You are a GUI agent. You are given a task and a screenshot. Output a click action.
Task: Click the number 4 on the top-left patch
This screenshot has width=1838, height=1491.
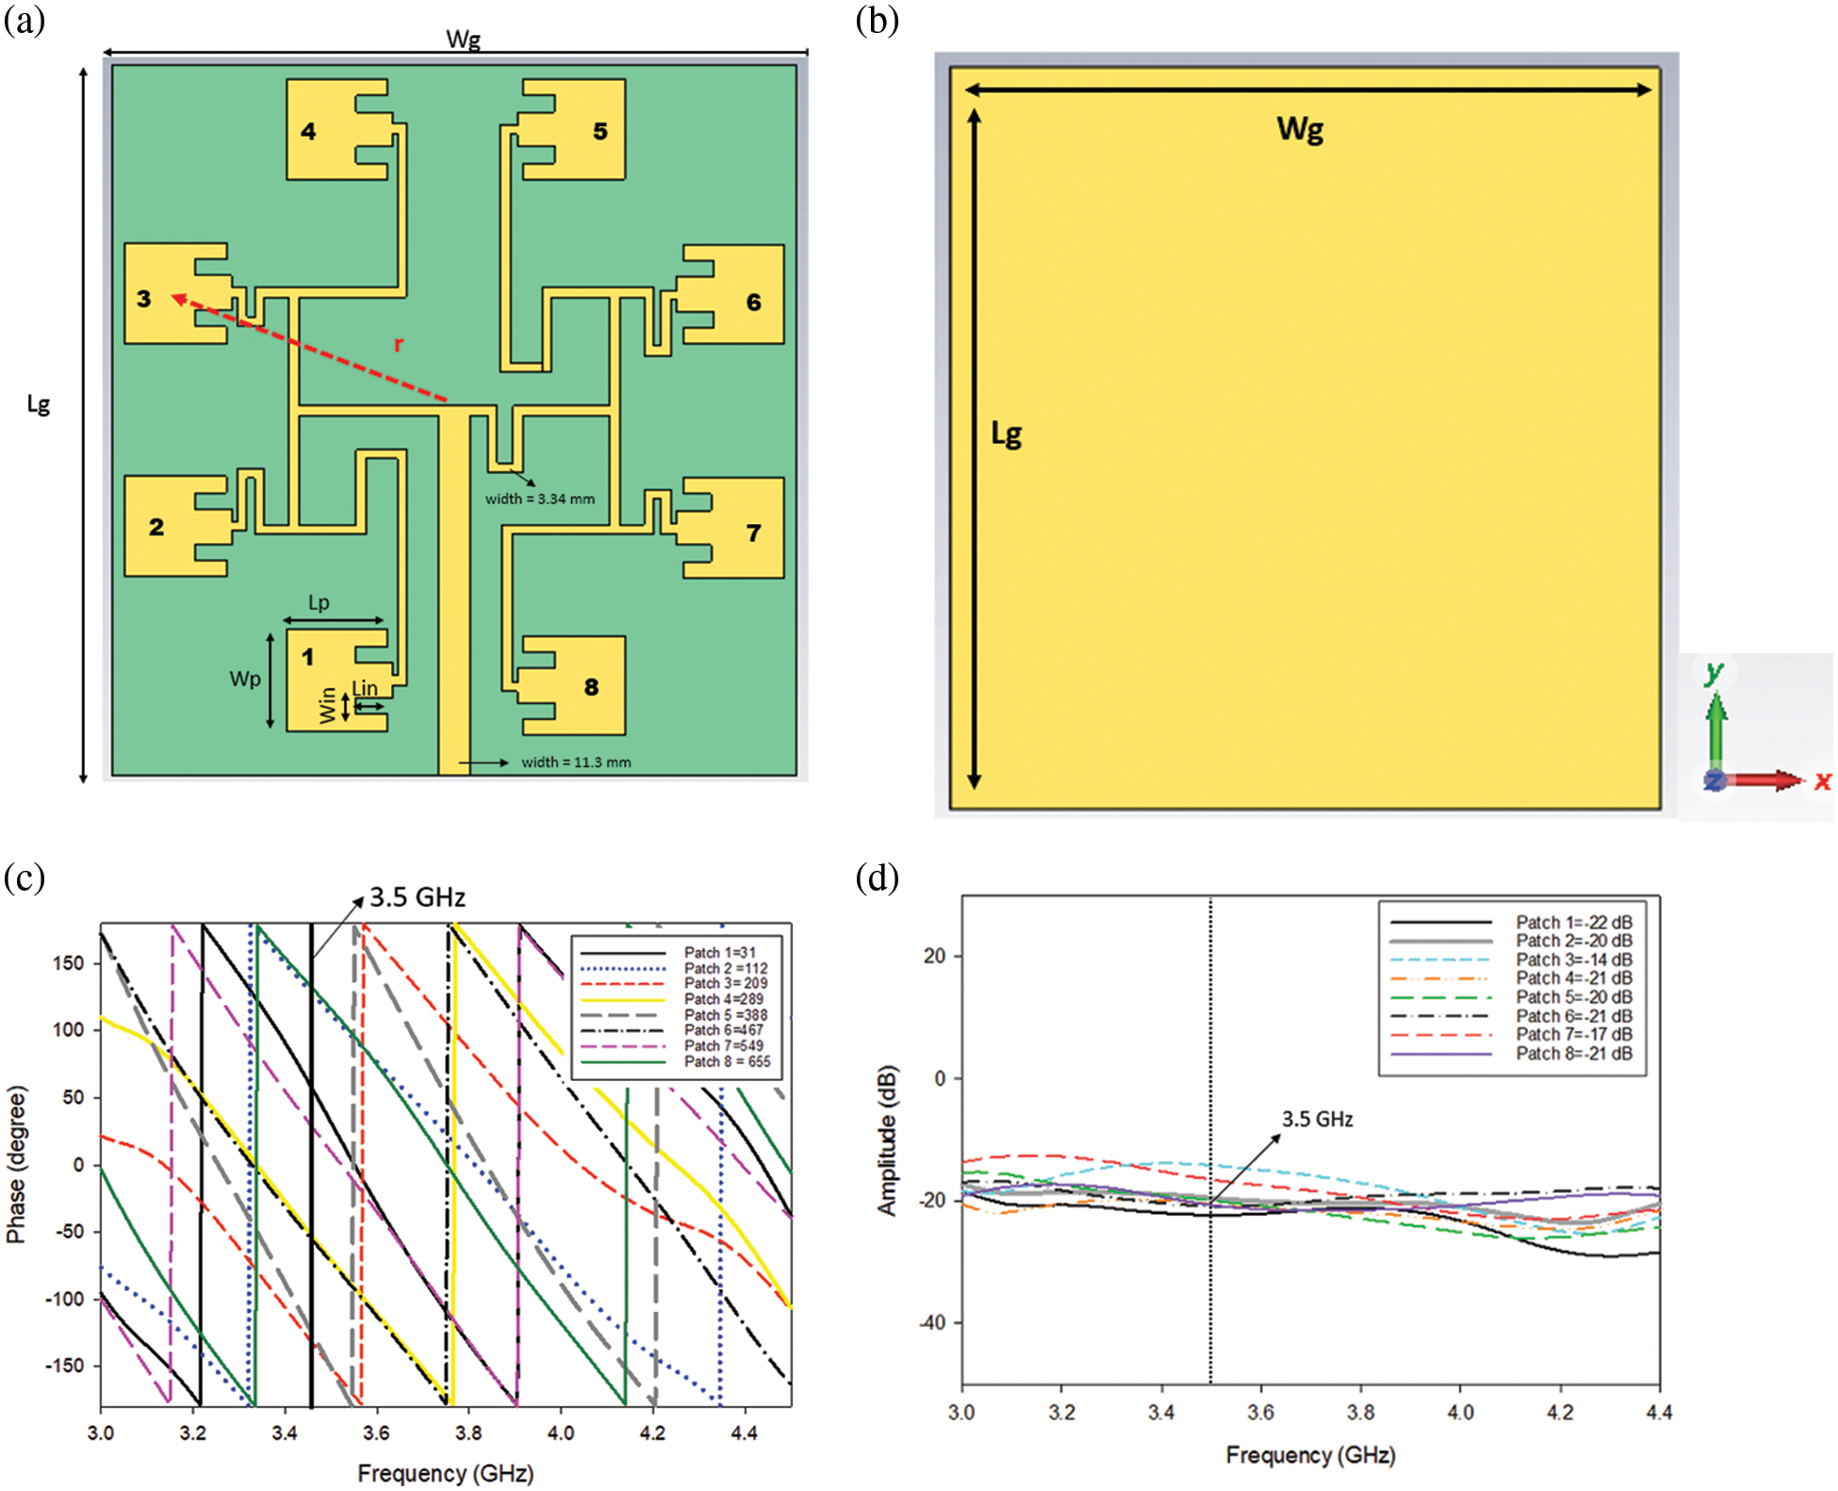coord(308,131)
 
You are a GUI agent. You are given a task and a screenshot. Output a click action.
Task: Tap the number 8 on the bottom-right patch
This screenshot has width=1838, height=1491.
coord(591,687)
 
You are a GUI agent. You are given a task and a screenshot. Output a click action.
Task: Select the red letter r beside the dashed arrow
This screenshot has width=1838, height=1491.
coord(399,344)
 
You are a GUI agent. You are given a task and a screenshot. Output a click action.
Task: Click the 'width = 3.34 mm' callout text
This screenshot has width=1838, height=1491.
coord(540,499)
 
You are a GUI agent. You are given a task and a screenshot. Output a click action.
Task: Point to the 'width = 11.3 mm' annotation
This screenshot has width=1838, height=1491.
coord(576,762)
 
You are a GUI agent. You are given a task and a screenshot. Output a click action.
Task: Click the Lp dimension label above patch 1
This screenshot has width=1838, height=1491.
coord(319,603)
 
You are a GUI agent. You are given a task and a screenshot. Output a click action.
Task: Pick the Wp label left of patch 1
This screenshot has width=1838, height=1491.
coord(245,679)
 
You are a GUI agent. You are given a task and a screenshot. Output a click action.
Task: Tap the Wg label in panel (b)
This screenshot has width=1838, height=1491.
coord(1300,128)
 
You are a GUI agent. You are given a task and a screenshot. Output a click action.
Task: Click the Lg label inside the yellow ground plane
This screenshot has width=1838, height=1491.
coord(1006,434)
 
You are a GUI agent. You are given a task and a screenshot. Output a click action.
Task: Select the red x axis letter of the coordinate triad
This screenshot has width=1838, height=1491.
coord(1822,780)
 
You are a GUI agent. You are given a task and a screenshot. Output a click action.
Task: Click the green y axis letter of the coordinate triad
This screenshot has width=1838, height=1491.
coord(1714,671)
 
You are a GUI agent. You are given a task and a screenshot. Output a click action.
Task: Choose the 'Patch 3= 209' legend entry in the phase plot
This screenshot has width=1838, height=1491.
coord(726,983)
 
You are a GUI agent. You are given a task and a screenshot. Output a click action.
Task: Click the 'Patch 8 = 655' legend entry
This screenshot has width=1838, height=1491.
coord(727,1061)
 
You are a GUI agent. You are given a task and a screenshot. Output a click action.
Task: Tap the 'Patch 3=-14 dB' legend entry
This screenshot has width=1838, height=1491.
coord(1573,959)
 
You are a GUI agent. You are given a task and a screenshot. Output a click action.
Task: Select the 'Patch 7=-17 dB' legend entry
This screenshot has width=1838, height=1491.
coord(1573,1034)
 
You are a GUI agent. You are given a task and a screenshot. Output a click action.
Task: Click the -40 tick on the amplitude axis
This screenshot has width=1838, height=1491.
coord(932,1322)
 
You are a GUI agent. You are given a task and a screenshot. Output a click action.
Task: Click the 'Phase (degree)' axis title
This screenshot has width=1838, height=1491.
coord(16,1164)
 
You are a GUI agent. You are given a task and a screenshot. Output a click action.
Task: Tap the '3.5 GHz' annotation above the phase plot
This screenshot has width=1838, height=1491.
coord(418,897)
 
